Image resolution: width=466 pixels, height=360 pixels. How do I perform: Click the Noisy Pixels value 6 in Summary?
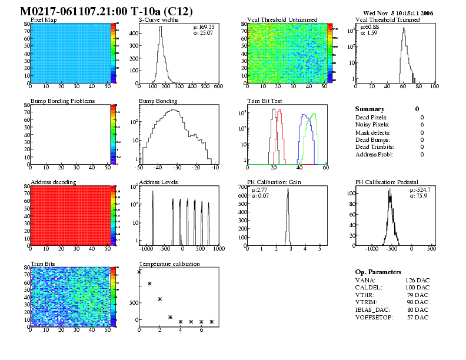click(422, 125)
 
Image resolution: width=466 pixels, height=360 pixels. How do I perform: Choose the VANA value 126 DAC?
click(417, 280)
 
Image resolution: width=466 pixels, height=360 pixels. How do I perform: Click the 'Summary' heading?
click(370, 109)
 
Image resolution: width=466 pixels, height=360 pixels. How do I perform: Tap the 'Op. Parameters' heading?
click(378, 272)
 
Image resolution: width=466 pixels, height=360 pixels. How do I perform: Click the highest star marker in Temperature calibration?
click(139, 272)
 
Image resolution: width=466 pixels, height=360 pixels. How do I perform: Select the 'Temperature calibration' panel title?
click(169, 264)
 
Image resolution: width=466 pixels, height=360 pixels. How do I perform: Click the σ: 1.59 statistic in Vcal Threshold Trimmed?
click(372, 33)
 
